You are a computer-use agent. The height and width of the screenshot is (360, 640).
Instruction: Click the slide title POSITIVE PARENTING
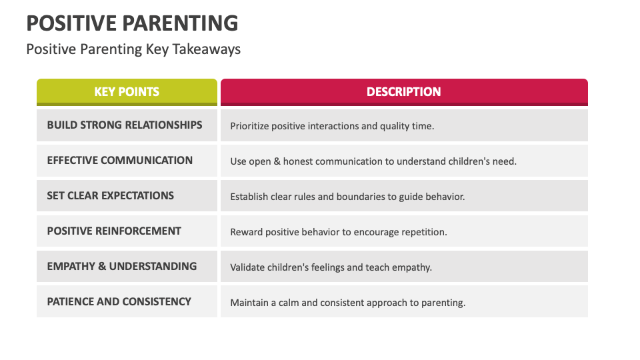(132, 23)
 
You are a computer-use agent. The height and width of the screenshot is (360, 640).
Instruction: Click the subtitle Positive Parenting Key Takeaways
(133, 49)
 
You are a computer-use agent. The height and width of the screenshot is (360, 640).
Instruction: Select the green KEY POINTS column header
(127, 92)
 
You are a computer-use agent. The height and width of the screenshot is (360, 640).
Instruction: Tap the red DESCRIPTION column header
(404, 92)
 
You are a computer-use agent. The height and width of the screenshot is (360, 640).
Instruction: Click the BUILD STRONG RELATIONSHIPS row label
(125, 125)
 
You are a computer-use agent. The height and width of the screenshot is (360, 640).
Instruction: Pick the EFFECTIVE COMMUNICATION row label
(120, 160)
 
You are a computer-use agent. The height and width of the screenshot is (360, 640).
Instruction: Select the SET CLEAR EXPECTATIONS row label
(111, 195)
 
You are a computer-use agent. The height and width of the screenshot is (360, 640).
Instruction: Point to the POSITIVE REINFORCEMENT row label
(114, 231)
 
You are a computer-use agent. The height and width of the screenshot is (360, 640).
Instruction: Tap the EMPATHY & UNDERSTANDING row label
(122, 266)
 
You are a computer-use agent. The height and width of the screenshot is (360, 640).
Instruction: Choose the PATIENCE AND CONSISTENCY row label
(119, 301)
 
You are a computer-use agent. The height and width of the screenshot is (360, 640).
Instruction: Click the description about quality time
(332, 126)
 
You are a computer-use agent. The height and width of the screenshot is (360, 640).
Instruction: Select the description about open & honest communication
(373, 161)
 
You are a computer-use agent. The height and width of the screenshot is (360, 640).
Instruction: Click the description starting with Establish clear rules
(347, 197)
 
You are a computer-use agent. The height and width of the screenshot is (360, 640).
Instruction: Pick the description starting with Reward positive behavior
(339, 232)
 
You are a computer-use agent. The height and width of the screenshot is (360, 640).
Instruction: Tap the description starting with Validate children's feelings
(331, 267)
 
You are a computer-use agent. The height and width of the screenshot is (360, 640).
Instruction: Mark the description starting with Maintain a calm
(348, 303)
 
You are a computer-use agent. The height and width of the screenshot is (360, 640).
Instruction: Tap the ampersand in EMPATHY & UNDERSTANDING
(102, 266)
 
